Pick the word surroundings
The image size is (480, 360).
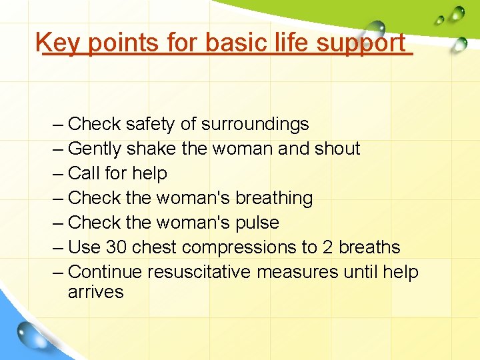point(255,125)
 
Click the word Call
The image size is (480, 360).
point(83,173)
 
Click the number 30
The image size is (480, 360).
point(117,247)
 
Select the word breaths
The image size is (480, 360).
point(369,247)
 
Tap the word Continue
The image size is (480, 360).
point(105,272)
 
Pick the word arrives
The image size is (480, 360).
point(95,292)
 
